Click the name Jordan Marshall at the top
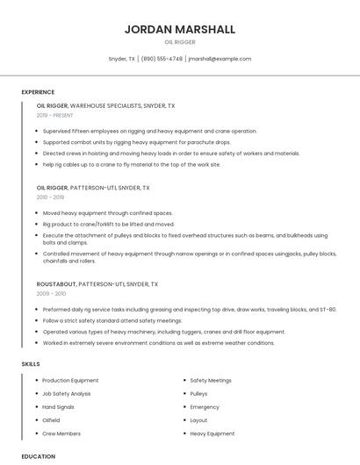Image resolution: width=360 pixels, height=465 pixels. click(180, 29)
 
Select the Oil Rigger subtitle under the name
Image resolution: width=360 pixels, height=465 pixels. click(180, 41)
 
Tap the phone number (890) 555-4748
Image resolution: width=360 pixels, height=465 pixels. click(162, 59)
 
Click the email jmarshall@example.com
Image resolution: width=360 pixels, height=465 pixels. click(220, 59)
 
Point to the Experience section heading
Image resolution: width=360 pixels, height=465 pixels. click(38, 91)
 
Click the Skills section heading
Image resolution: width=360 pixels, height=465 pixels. click(30, 363)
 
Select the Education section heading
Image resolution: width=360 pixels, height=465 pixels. click(38, 456)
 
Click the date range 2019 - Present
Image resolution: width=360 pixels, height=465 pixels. click(54, 115)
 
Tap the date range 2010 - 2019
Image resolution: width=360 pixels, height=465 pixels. click(50, 197)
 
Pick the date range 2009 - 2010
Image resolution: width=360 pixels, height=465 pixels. click(50, 294)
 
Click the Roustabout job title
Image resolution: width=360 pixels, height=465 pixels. click(56, 284)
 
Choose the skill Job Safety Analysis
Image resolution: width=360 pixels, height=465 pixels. click(67, 394)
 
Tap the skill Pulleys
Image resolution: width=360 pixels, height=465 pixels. click(198, 394)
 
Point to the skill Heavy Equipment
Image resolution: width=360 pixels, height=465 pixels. click(212, 433)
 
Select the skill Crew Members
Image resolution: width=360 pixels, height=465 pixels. click(61, 433)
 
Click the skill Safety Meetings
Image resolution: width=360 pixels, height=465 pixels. click(211, 381)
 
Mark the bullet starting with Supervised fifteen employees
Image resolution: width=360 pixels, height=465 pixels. click(149, 131)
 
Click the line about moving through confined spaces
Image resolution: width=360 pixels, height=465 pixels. click(107, 213)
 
